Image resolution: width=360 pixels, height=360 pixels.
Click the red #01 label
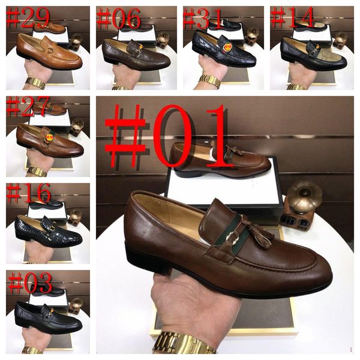pos(169,137)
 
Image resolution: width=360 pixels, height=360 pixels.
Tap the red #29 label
pos(28,17)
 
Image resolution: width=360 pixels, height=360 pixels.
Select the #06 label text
pos(118,18)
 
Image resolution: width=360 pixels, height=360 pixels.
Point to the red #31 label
pos(203,19)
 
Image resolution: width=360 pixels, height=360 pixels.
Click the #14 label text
pos(293,17)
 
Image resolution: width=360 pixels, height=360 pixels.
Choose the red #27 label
pos(28,106)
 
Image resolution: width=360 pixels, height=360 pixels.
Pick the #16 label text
pos(29,193)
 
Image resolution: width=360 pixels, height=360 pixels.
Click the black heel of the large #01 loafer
pos(147,261)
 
